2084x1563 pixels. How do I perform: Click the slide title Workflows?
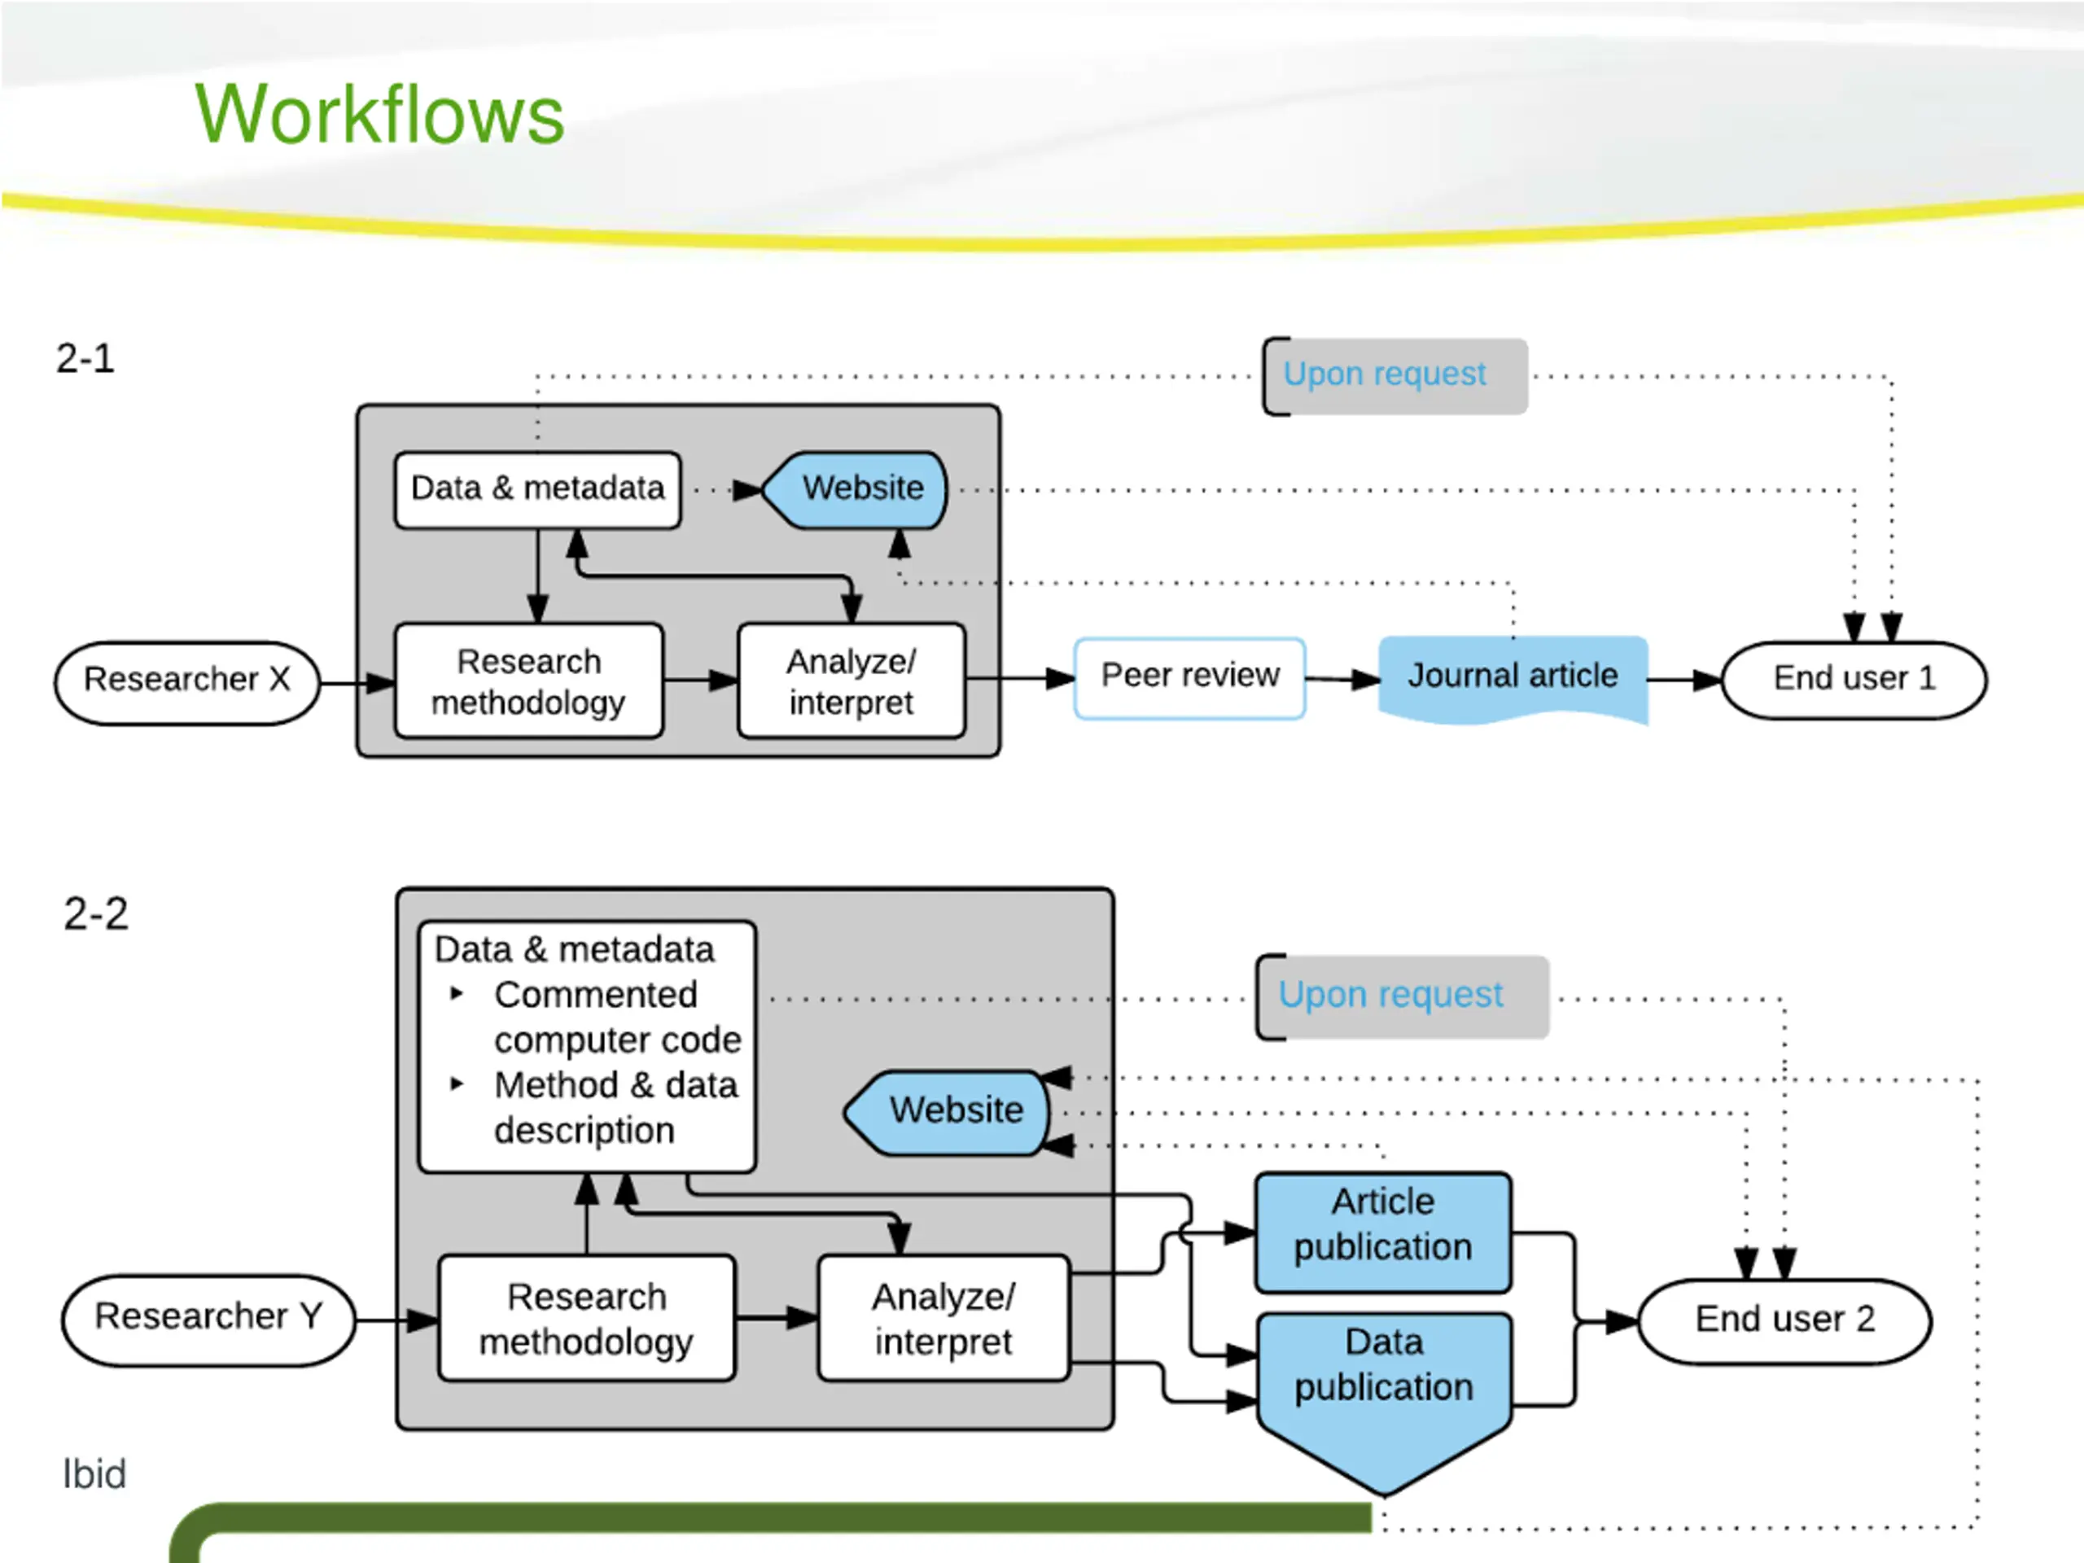(379, 114)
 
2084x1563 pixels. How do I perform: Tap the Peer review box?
(1190, 678)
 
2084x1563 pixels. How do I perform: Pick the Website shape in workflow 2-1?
(855, 490)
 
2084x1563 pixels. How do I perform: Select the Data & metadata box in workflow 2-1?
(538, 490)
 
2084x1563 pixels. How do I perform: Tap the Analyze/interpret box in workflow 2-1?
(852, 681)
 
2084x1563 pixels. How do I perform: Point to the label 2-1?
(85, 358)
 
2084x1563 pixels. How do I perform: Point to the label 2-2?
(95, 914)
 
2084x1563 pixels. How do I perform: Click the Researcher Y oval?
(208, 1320)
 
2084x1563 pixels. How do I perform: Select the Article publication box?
(1383, 1233)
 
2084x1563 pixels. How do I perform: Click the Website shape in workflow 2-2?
(947, 1113)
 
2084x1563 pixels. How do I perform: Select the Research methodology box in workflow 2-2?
(586, 1319)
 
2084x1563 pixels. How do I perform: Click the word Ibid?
(94, 1474)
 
